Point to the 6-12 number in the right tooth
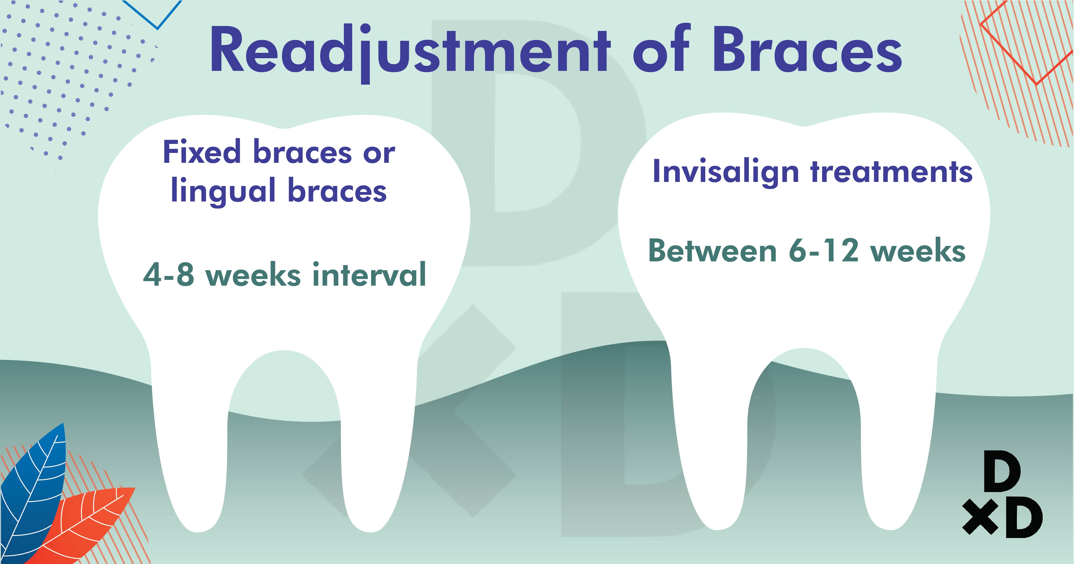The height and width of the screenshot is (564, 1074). pos(823,251)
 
